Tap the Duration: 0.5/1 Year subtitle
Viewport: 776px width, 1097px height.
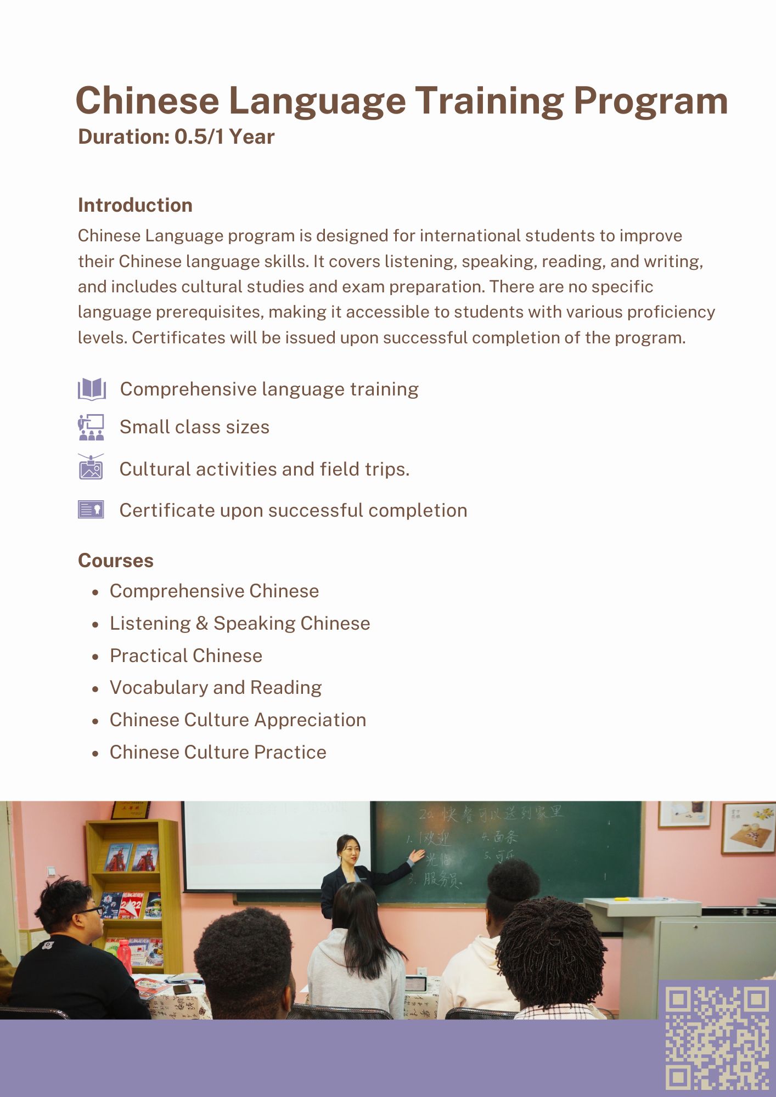click(176, 137)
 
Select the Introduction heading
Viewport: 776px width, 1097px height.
click(135, 205)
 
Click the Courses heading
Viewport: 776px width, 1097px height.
click(116, 561)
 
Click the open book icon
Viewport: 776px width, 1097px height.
click(92, 389)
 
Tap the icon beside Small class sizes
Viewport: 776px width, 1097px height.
click(91, 427)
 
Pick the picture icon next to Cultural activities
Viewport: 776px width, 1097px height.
click(91, 468)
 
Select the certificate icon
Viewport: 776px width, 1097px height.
click(91, 510)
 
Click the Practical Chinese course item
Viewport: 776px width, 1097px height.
click(186, 655)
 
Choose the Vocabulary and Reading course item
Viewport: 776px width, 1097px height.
click(216, 688)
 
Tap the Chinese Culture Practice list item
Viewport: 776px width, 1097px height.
click(218, 752)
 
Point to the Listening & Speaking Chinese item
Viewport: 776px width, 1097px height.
click(240, 624)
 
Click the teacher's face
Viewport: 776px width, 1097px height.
click(350, 851)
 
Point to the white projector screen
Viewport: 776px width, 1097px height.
click(274, 845)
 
